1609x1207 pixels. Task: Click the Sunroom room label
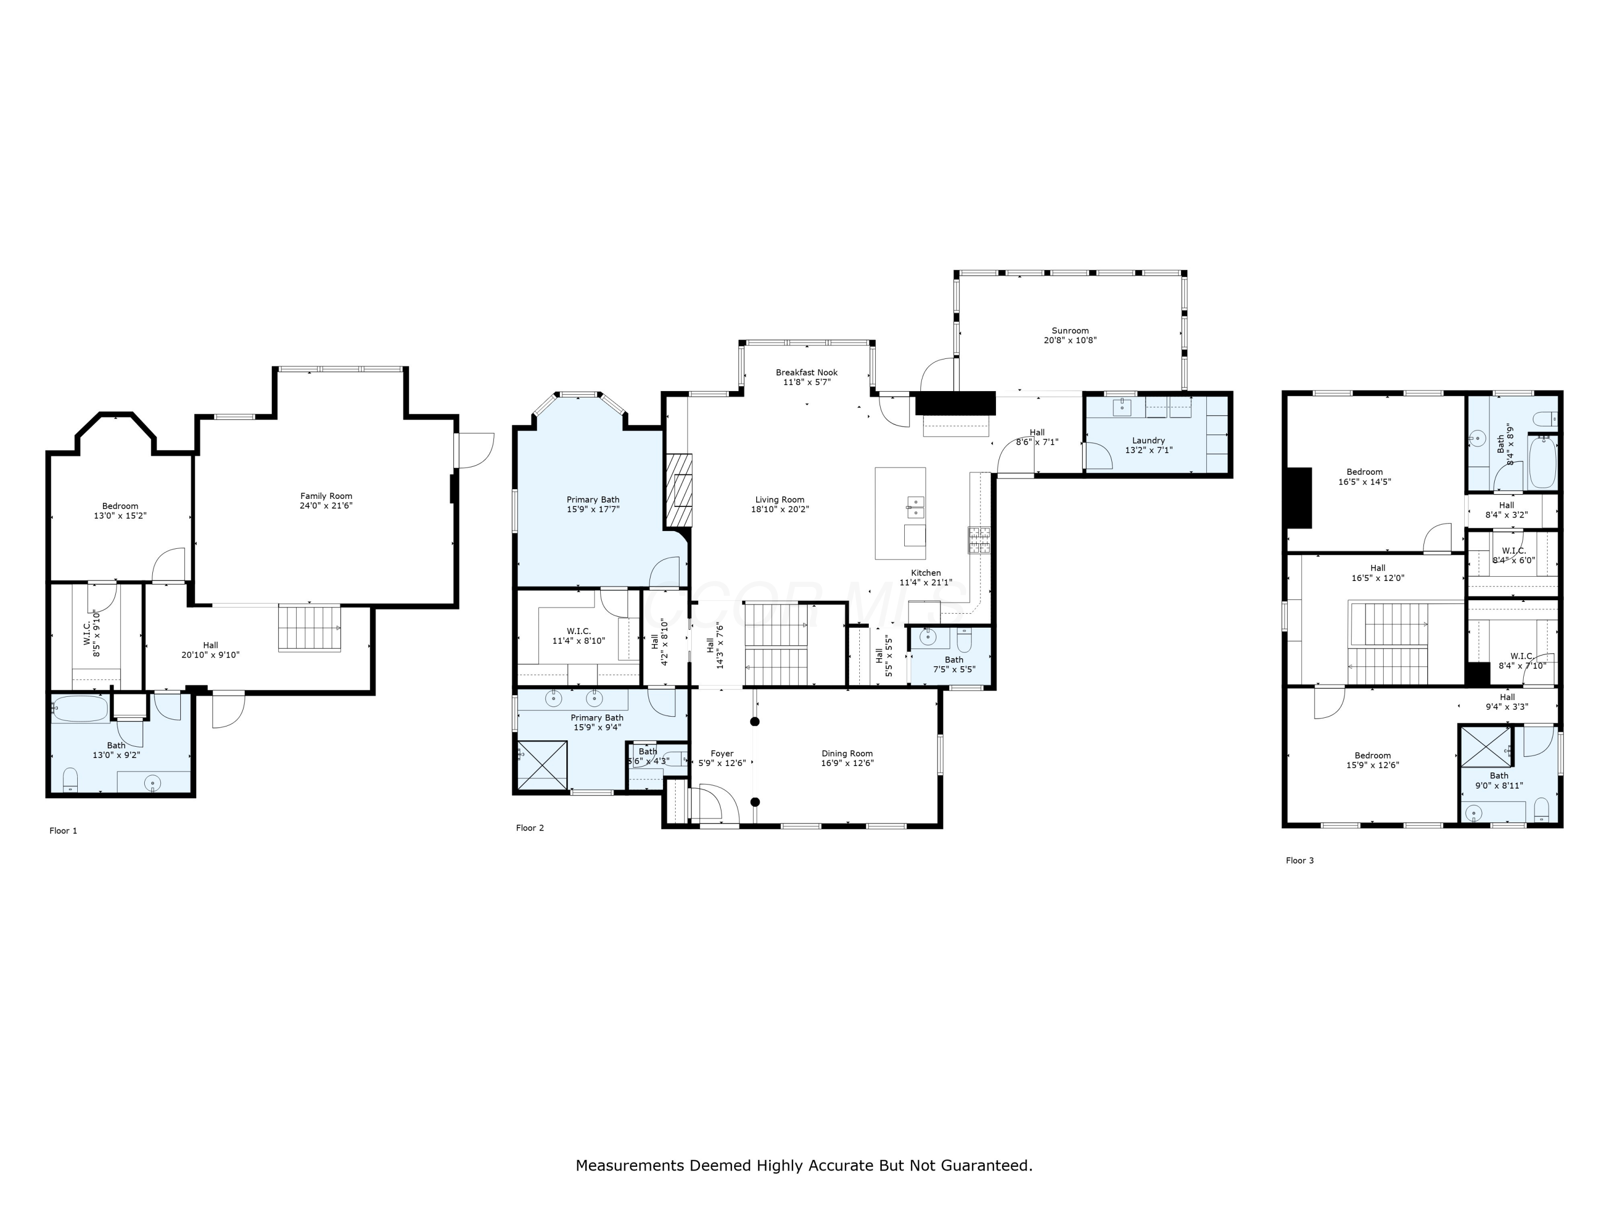click(1069, 330)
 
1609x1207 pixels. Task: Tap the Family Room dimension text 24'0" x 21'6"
click(326, 506)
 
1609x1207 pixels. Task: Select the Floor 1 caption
click(63, 831)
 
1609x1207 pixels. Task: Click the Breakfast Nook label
click(806, 372)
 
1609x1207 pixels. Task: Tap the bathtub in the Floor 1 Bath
click(80, 708)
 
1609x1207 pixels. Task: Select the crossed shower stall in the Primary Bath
click(542, 764)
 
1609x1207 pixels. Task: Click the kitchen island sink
click(915, 507)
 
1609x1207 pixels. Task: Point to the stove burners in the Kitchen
click(978, 540)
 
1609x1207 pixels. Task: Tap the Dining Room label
click(847, 754)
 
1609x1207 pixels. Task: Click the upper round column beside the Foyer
click(755, 722)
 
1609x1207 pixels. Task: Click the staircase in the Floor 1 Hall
click(309, 627)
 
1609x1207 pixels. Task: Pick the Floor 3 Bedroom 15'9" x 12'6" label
click(1372, 755)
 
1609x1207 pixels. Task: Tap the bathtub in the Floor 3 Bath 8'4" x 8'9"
click(1542, 463)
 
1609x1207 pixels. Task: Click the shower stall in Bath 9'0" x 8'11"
click(1486, 746)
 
